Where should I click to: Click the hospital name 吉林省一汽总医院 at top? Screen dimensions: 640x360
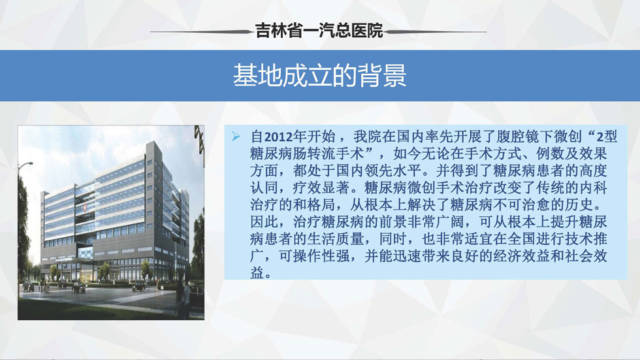319,31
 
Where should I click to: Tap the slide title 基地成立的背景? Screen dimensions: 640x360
319,76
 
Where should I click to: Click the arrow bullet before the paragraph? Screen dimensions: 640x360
236,137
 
